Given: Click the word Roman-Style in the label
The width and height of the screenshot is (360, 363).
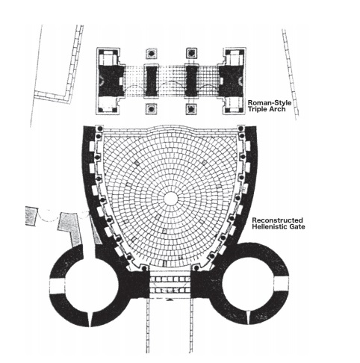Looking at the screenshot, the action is [270, 103].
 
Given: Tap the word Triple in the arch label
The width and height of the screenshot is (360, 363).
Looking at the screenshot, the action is [257, 109].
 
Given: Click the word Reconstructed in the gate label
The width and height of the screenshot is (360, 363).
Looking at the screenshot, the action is [277, 220].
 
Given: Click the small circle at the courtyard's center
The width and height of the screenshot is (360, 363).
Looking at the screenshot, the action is [171, 199].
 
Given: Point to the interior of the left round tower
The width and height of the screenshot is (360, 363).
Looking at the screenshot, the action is [91, 285].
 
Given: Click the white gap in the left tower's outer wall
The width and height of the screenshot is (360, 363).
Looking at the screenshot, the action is [57, 285].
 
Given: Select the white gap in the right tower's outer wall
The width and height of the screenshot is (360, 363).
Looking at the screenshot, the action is [282, 284].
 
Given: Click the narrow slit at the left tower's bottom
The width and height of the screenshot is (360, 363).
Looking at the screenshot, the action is [90, 319].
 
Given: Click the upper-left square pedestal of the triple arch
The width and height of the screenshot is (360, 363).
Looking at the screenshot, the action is [152, 54].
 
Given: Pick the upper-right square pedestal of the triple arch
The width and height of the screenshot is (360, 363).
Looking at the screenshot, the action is [191, 53].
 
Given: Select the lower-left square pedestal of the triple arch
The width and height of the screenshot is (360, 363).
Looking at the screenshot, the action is [152, 109].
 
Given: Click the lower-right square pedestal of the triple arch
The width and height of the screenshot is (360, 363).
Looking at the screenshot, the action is [191, 109].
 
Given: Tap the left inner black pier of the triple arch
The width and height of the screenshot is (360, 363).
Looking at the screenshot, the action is [152, 81].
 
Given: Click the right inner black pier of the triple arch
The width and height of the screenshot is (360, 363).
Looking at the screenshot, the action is [191, 81].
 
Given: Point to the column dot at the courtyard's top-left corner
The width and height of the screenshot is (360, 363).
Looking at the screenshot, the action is [99, 128].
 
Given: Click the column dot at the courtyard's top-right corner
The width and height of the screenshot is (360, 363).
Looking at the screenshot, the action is [240, 128].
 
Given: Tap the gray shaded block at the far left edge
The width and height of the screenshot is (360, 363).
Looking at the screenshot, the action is [31, 216].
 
